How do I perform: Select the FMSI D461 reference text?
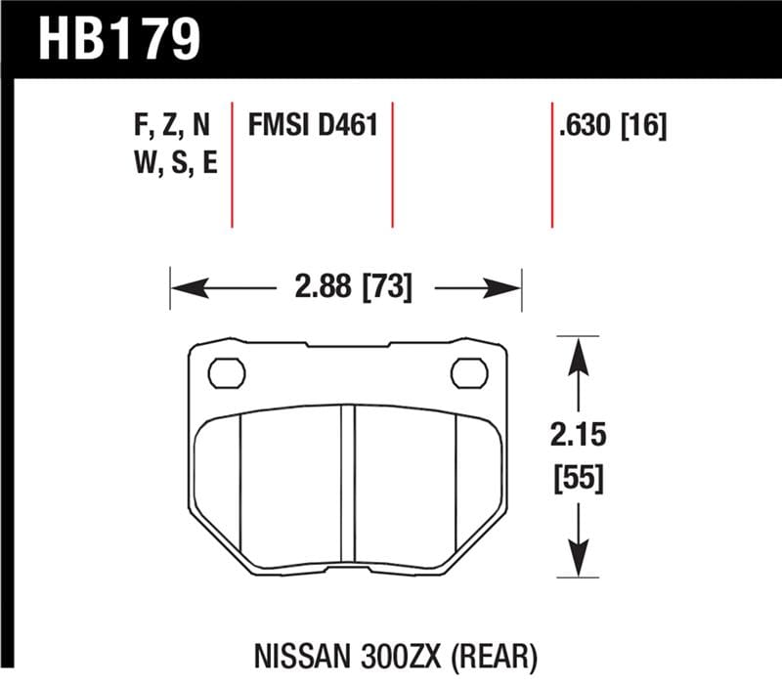(312, 126)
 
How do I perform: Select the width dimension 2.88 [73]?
(352, 288)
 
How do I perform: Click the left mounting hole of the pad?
(227, 372)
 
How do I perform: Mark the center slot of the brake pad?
(347, 484)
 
